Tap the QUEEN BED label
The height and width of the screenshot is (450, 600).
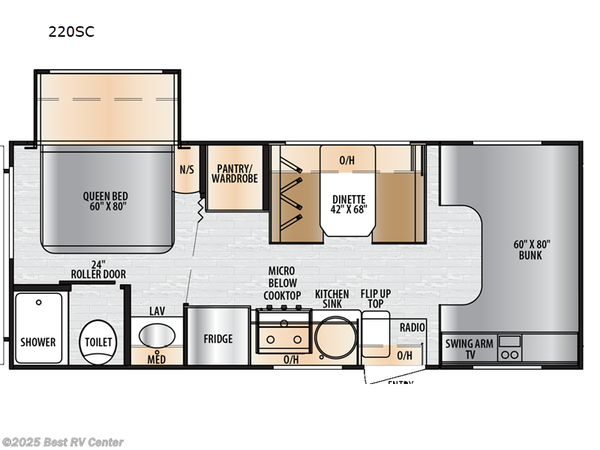(106, 202)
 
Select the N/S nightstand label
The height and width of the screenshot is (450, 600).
(187, 169)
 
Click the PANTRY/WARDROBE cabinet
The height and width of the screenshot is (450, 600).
(234, 173)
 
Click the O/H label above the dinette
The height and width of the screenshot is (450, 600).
(346, 160)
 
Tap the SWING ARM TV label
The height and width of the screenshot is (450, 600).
(469, 349)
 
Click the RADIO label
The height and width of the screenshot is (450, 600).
(412, 327)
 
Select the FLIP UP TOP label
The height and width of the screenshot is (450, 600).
(375, 298)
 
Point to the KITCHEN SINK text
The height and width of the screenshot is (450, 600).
(331, 298)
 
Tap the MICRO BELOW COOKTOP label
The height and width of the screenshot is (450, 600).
(282, 283)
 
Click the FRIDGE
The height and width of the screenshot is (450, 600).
(217, 338)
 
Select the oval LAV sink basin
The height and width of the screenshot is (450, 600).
(156, 335)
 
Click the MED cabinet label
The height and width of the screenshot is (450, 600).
(156, 358)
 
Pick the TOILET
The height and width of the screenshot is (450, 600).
(97, 342)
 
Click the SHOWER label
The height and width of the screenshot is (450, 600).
(38, 342)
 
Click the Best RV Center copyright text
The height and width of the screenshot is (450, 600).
(63, 442)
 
